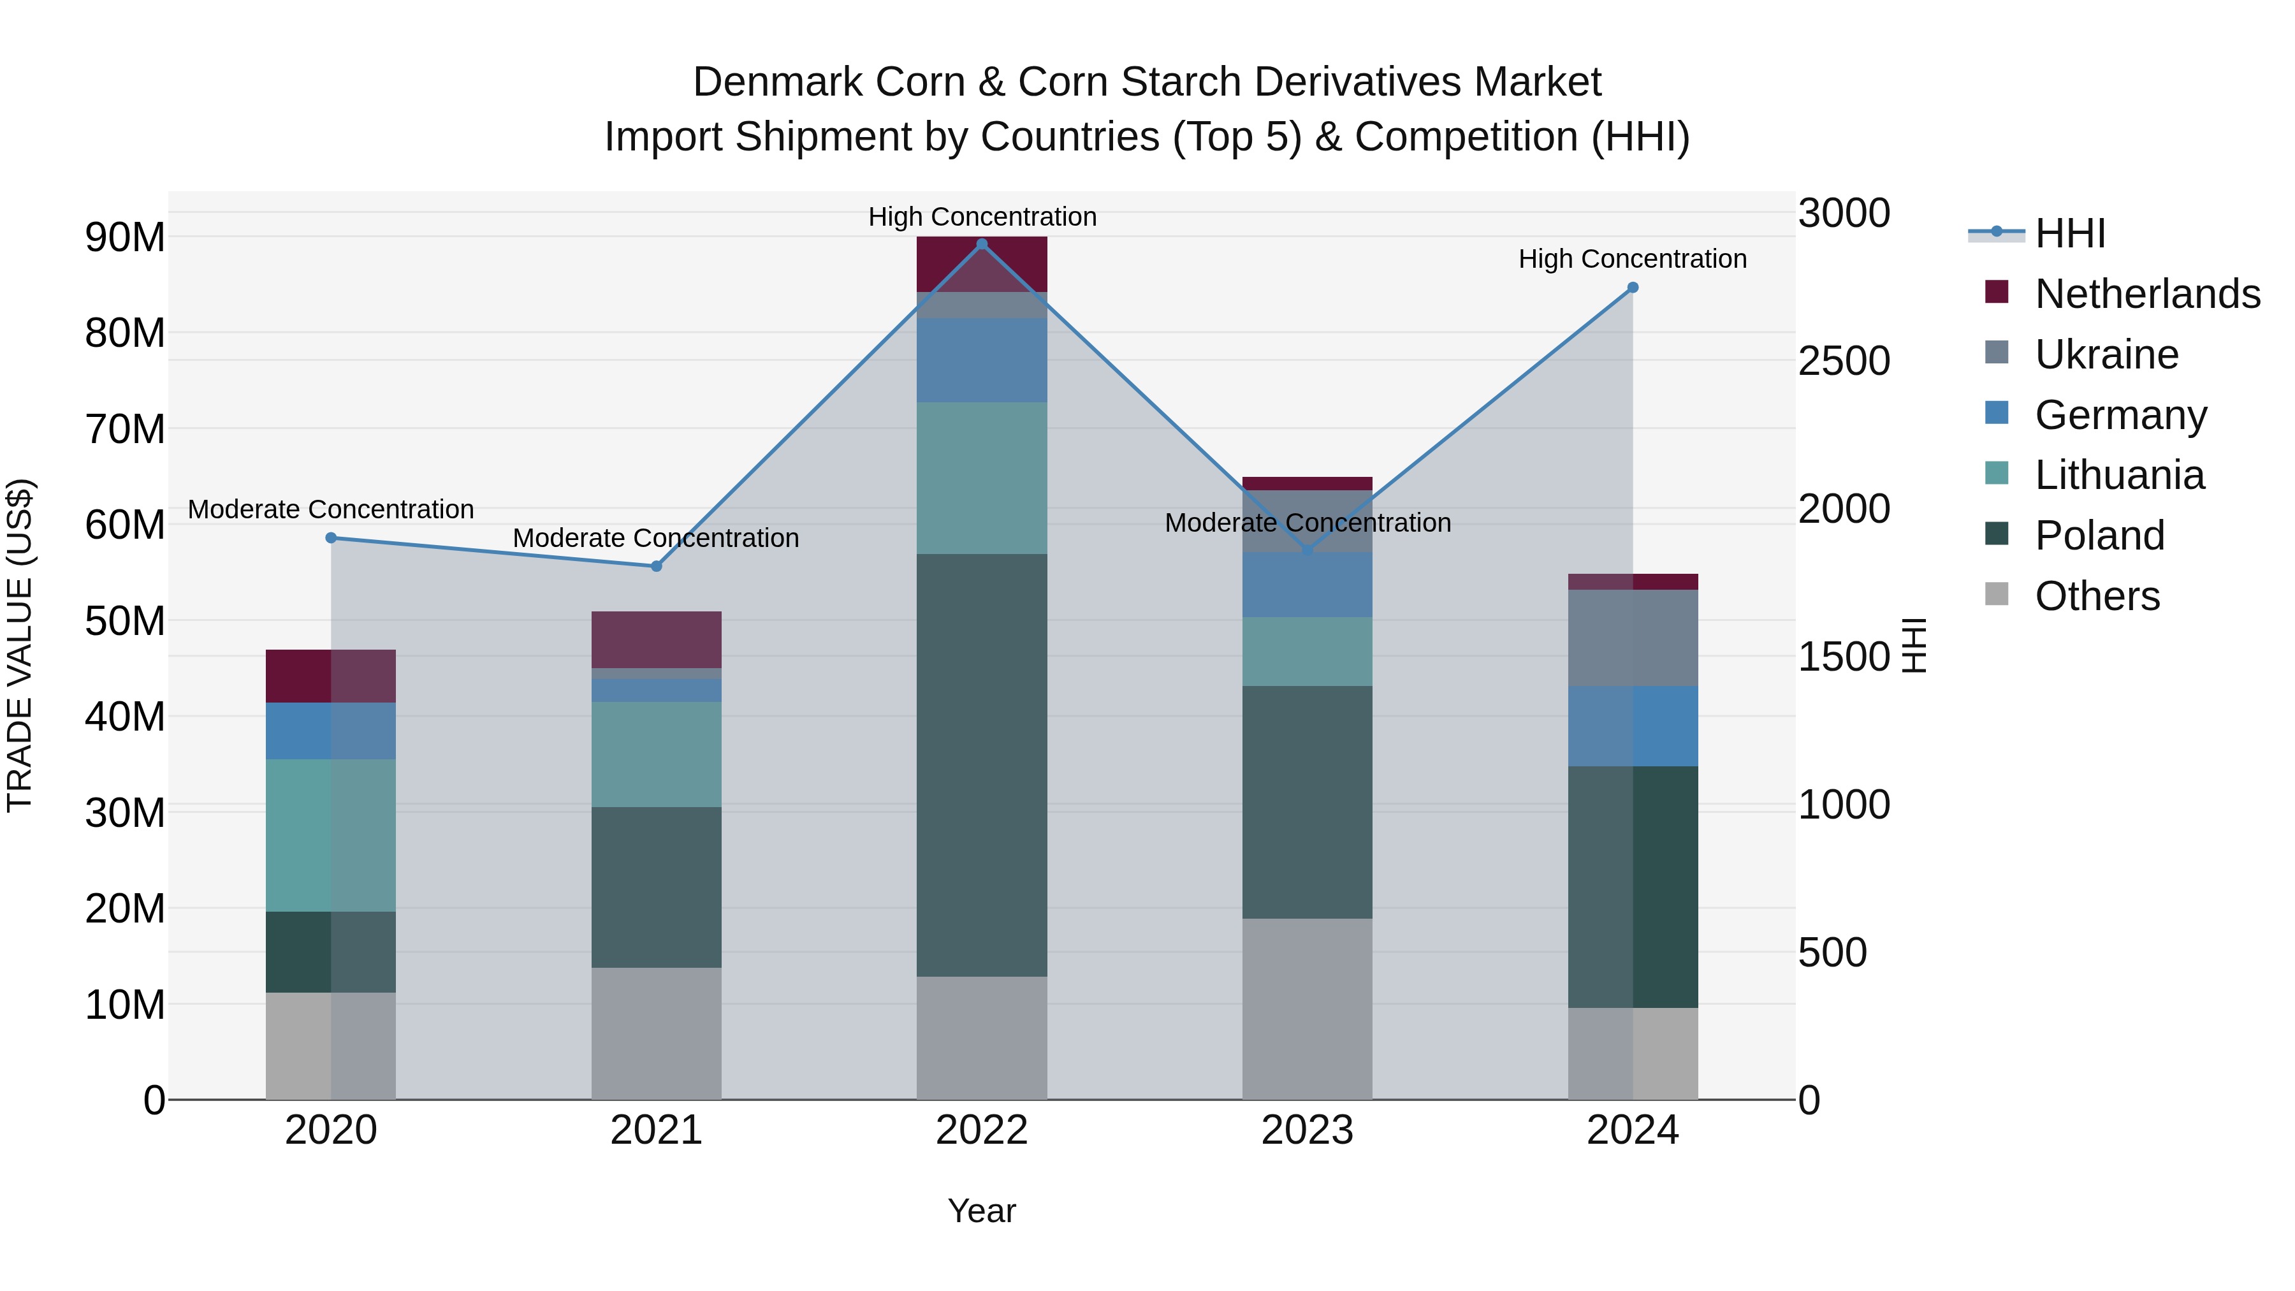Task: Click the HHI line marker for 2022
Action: [x=982, y=244]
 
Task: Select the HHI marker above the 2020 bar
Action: [x=331, y=538]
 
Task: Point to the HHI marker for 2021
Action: [x=657, y=567]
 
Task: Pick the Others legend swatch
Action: [x=1997, y=594]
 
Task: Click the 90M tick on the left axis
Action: [x=125, y=238]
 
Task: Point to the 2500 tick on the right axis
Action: [x=1843, y=361]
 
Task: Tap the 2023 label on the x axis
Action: [x=1307, y=1130]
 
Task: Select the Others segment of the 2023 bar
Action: [x=1307, y=1009]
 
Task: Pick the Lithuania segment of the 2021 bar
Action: [x=657, y=755]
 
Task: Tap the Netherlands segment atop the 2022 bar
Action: [x=982, y=264]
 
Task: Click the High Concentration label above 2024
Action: [x=1632, y=259]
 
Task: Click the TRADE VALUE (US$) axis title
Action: [x=20, y=645]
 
